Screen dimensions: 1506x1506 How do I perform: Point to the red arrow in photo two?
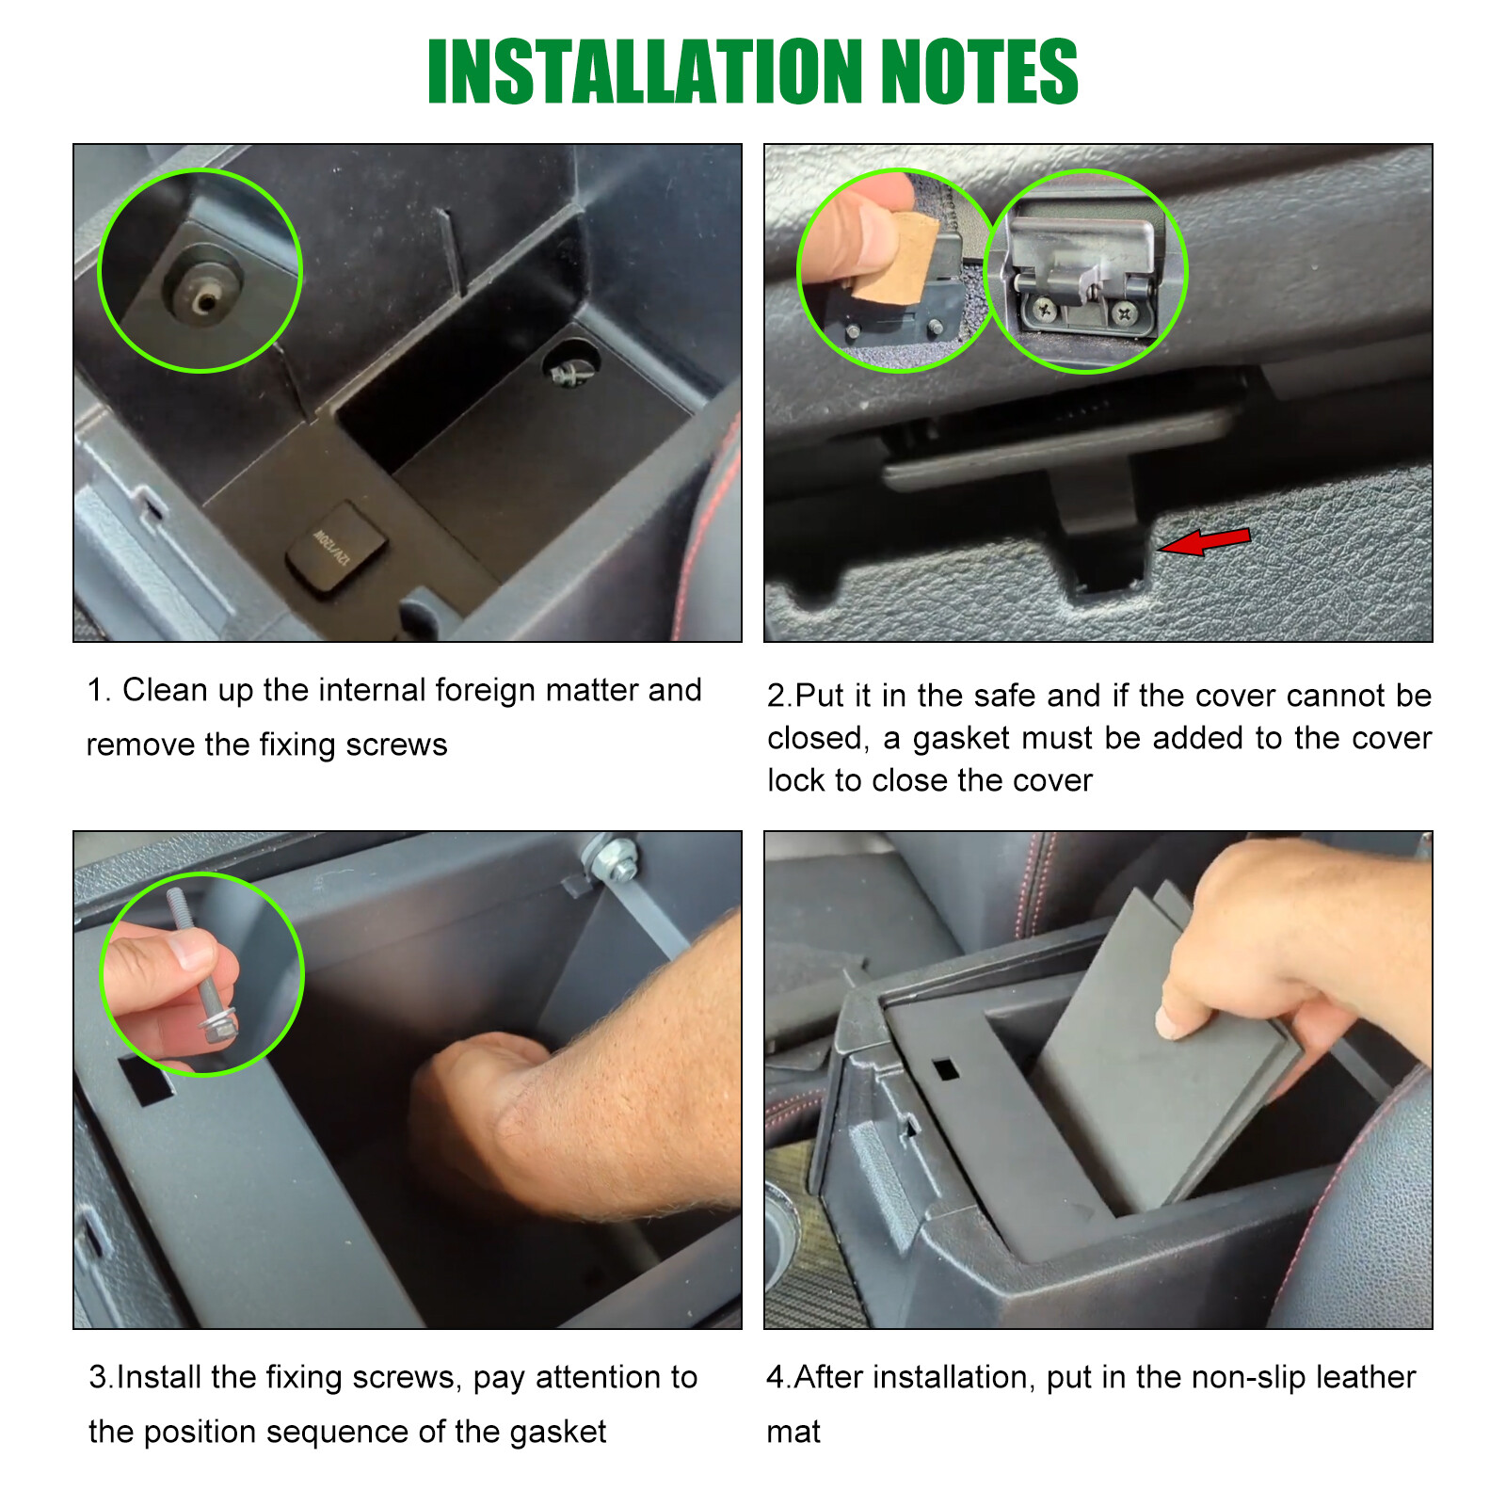pos(1205,541)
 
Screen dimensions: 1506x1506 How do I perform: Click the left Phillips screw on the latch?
pos(1043,307)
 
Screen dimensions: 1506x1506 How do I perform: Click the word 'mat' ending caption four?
pos(793,1432)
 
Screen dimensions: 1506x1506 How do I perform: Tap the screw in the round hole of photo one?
pos(569,371)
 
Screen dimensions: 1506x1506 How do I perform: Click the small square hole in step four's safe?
pos(944,1069)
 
